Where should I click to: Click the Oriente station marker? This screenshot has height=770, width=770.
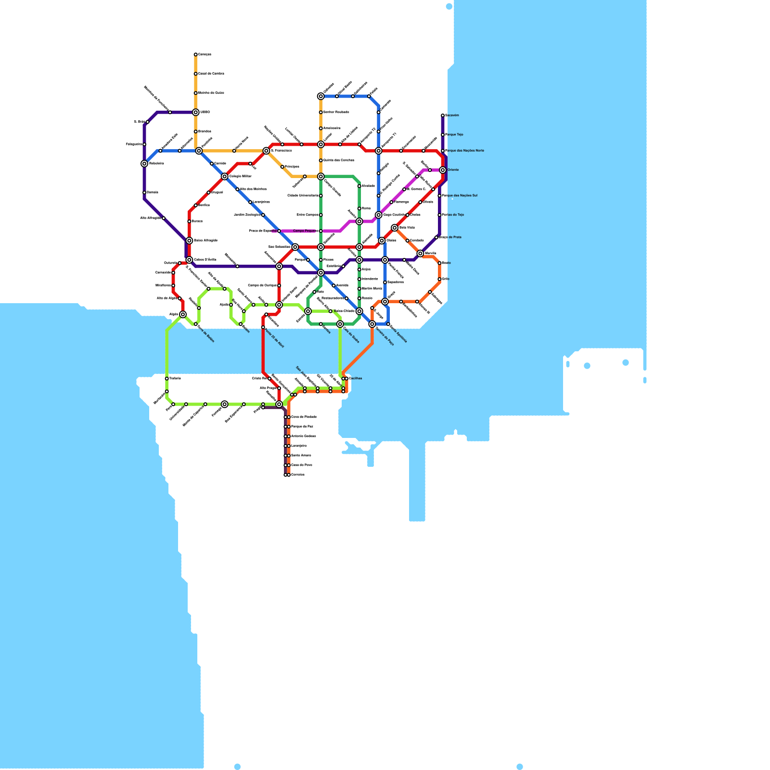[x=443, y=170]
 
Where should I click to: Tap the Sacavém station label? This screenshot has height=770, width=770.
[x=452, y=115]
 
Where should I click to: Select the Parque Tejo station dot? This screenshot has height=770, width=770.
[x=443, y=135]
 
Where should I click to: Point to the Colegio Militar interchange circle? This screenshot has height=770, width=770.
[x=225, y=177]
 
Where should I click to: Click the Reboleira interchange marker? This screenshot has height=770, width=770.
[x=144, y=164]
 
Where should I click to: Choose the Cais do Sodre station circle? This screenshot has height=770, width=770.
[x=340, y=324]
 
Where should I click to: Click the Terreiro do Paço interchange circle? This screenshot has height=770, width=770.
[x=372, y=324]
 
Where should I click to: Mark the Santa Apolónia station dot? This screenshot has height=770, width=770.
[x=388, y=324]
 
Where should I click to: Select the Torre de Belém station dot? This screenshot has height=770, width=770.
[x=196, y=324]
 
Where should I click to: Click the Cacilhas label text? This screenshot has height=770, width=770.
[x=356, y=378]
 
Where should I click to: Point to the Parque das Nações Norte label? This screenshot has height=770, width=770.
[x=465, y=151]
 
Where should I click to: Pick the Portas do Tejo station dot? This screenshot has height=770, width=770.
[x=439, y=215]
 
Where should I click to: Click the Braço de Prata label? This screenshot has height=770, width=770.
[x=451, y=237]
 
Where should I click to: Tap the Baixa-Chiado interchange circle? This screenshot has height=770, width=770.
[x=359, y=311]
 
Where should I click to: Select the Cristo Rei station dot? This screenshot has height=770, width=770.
[x=269, y=379]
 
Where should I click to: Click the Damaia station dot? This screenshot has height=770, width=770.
[x=144, y=192]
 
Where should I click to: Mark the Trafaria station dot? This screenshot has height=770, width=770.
[x=167, y=379]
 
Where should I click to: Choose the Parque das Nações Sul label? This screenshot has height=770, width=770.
[x=461, y=196]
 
